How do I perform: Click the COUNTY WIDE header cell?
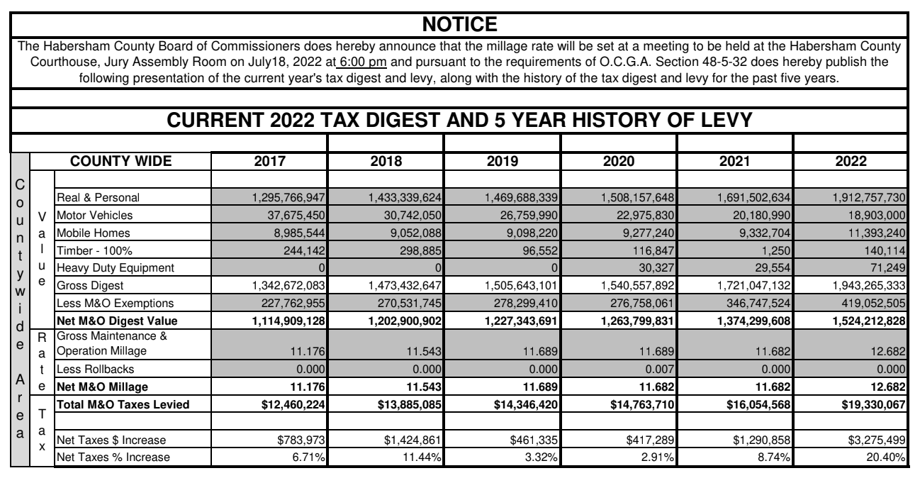point(130,160)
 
